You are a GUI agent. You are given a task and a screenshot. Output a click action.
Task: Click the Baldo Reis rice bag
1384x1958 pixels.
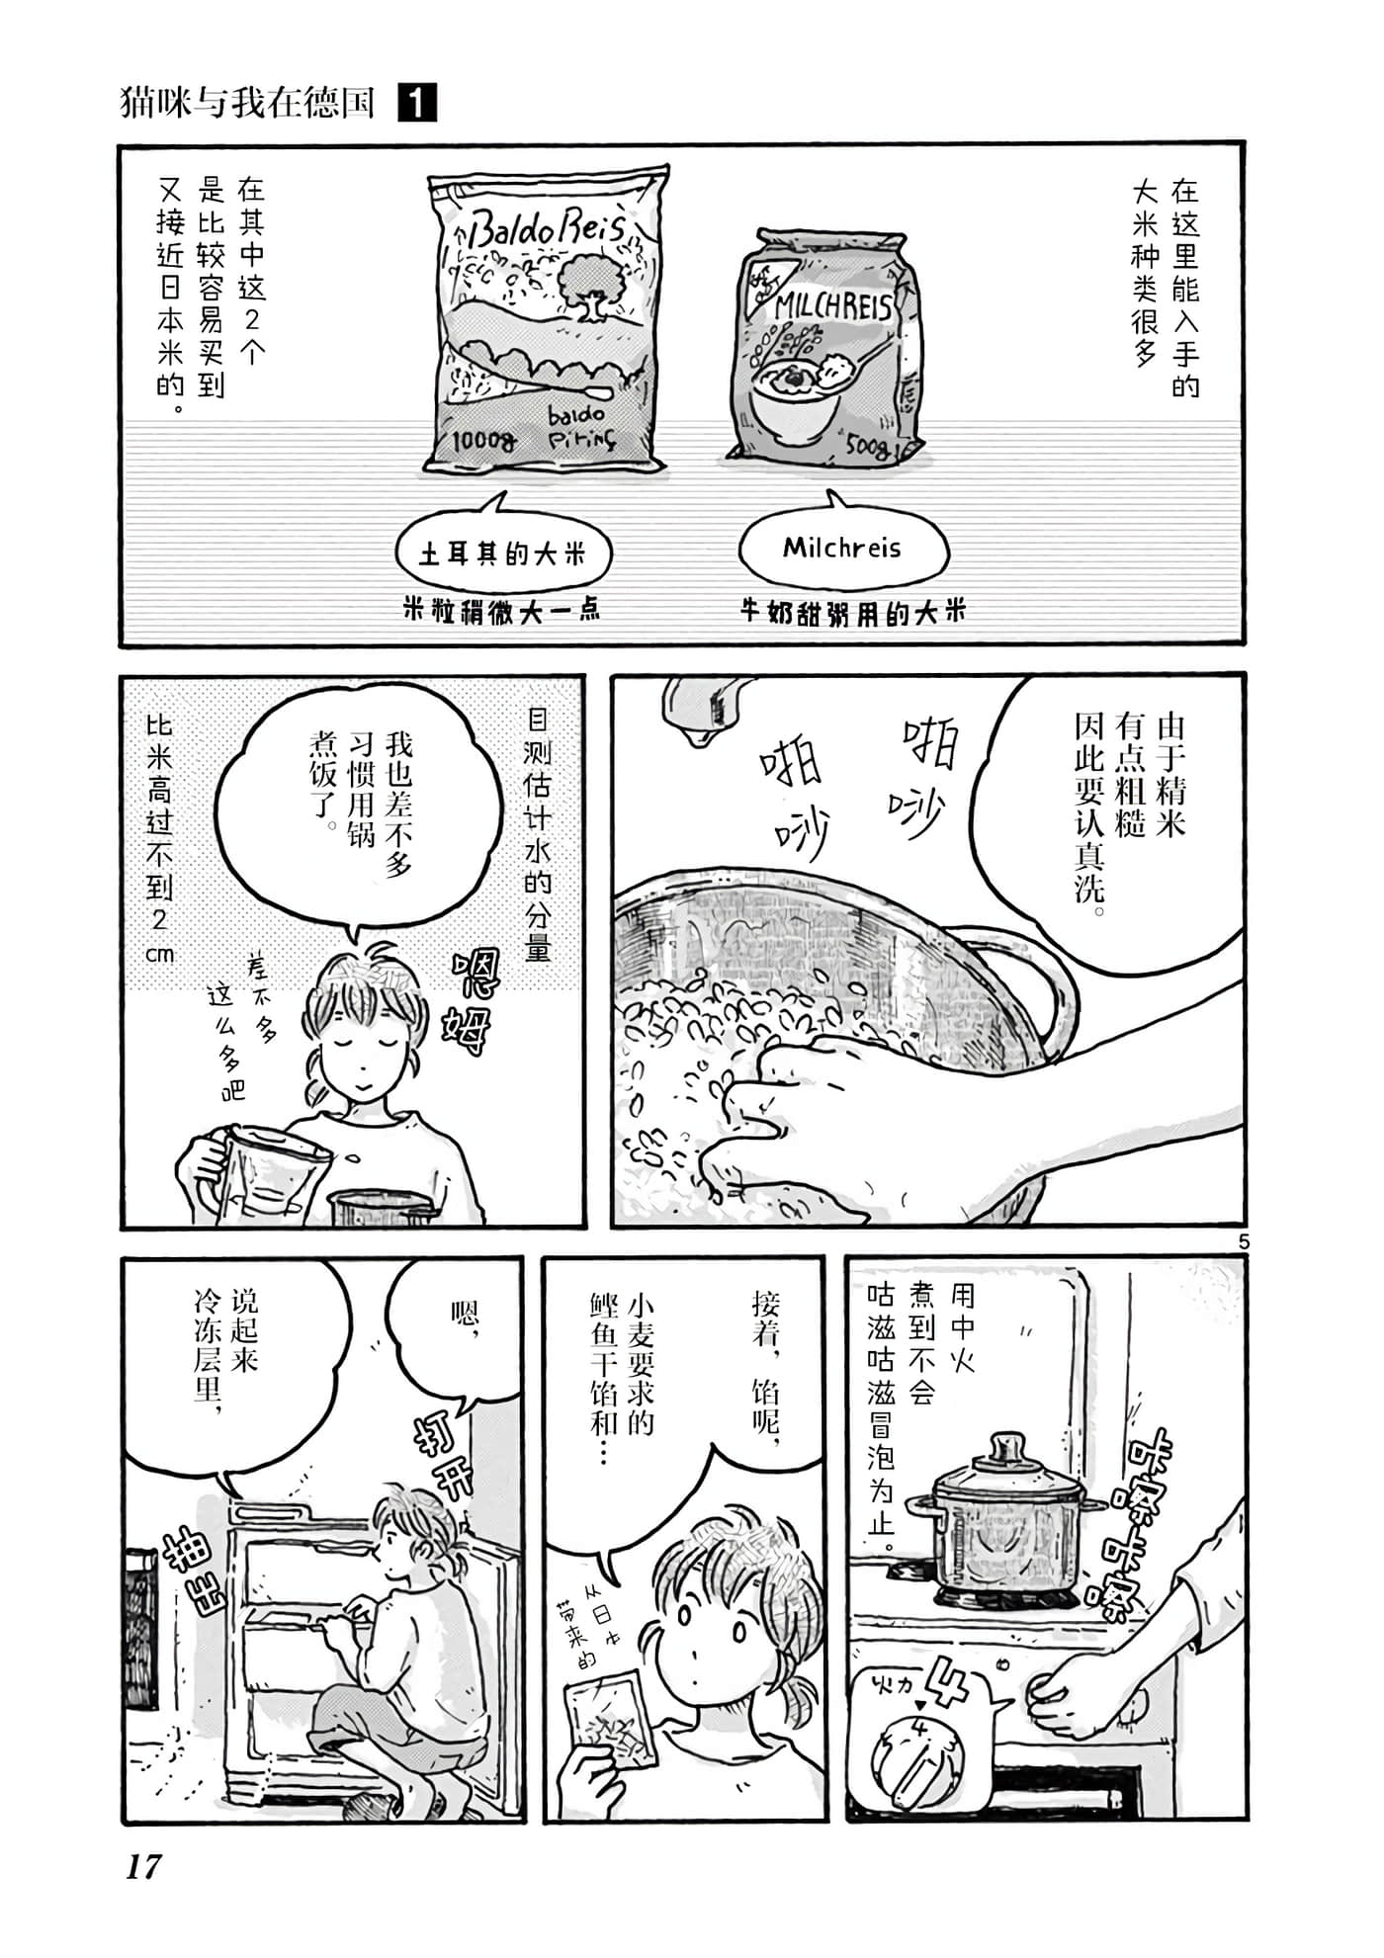pyautogui.click(x=546, y=321)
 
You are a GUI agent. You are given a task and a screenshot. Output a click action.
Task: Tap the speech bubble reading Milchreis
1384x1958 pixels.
pyautogui.click(x=842, y=549)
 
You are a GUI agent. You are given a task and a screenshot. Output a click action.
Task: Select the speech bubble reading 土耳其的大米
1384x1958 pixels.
pyautogui.click(x=502, y=553)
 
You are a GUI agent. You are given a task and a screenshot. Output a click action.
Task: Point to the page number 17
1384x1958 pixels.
pyautogui.click(x=143, y=1866)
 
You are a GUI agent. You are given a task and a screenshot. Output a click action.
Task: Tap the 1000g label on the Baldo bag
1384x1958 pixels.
pyautogui.click(x=483, y=440)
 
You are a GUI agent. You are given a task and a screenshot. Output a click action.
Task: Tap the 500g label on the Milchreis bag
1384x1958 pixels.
pyautogui.click(x=868, y=448)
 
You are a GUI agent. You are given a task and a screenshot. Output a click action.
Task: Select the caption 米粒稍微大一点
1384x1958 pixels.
pyautogui.click(x=502, y=610)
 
